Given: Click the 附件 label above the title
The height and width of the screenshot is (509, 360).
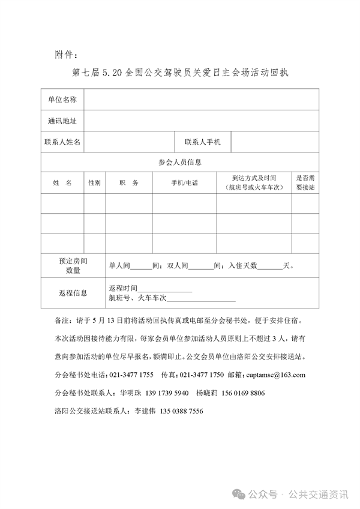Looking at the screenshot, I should point(66,55).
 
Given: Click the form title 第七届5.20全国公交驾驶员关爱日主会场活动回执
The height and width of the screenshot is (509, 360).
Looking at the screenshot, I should point(180,73).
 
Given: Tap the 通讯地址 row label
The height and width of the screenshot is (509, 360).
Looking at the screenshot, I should point(62,121).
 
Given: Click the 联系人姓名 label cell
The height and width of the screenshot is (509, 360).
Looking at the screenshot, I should point(62,142).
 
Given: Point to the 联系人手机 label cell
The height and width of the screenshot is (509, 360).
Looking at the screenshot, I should point(203,142).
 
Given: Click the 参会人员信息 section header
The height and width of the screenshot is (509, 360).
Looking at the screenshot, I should point(180,162).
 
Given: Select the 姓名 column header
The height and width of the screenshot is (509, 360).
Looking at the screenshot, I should point(62,182).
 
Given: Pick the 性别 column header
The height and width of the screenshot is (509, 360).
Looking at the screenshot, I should point(95,182).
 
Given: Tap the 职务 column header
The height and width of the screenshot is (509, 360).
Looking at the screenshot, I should point(128,182).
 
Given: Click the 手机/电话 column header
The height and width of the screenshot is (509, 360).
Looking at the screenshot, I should point(184,182).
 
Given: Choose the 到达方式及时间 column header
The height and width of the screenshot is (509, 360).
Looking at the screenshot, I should point(254,182).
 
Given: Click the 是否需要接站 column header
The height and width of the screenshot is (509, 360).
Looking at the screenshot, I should point(305,182).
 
